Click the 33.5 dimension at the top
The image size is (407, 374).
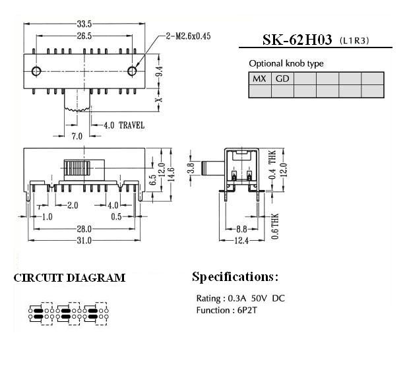coord(84,24)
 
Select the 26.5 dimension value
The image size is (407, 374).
coord(84,36)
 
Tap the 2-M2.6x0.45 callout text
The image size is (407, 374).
coord(188,36)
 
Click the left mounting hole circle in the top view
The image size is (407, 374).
coord(36,71)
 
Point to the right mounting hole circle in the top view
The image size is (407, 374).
coord(132,71)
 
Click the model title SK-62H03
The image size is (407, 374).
coord(297,40)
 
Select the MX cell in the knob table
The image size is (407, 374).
coord(259,78)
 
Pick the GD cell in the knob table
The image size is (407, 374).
coord(282,78)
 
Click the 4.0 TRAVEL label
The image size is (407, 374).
coord(124,125)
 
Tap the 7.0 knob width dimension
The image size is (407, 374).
coord(77,136)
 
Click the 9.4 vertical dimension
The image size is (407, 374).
coord(160,71)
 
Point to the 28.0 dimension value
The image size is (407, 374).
coord(84,229)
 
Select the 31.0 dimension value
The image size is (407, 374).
coord(84,241)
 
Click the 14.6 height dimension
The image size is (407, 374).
coord(171,175)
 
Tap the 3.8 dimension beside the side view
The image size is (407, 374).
coord(191,168)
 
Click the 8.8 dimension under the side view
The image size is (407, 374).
coord(241,229)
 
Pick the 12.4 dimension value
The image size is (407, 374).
coord(241,241)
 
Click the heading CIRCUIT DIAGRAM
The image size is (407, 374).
coord(69,278)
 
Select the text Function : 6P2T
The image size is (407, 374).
coord(227,310)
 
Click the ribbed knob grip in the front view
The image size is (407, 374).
coord(77,168)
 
